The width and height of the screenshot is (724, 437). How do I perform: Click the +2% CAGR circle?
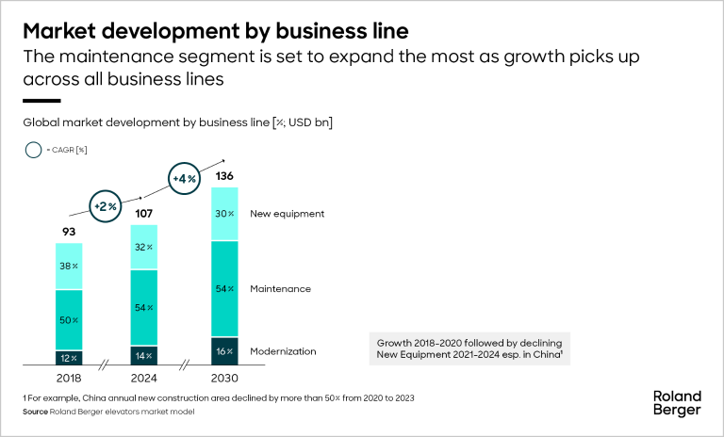(105, 204)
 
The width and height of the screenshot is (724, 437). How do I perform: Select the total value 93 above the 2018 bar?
(68, 230)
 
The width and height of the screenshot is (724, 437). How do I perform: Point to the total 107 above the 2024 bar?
(143, 212)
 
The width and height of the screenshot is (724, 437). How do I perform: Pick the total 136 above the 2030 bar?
(224, 175)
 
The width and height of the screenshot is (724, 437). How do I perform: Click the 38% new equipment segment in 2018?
(69, 267)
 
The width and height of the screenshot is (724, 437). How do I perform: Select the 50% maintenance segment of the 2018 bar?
(69, 320)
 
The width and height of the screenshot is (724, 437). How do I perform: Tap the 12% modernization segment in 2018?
(69, 358)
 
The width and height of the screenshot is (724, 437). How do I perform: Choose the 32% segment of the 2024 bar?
(144, 248)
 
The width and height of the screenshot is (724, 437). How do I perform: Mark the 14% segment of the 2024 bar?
(144, 356)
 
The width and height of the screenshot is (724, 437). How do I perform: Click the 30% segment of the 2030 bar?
(224, 214)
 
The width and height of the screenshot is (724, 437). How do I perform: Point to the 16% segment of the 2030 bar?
(224, 351)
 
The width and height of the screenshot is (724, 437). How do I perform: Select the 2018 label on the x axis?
(69, 378)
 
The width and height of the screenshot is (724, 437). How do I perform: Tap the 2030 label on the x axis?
(224, 378)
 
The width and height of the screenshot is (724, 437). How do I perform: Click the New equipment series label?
(287, 214)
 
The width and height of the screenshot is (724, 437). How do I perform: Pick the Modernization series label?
(283, 351)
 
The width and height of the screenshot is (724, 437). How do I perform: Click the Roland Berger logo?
(677, 402)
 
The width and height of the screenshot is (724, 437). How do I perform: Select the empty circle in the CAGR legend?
(34, 150)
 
